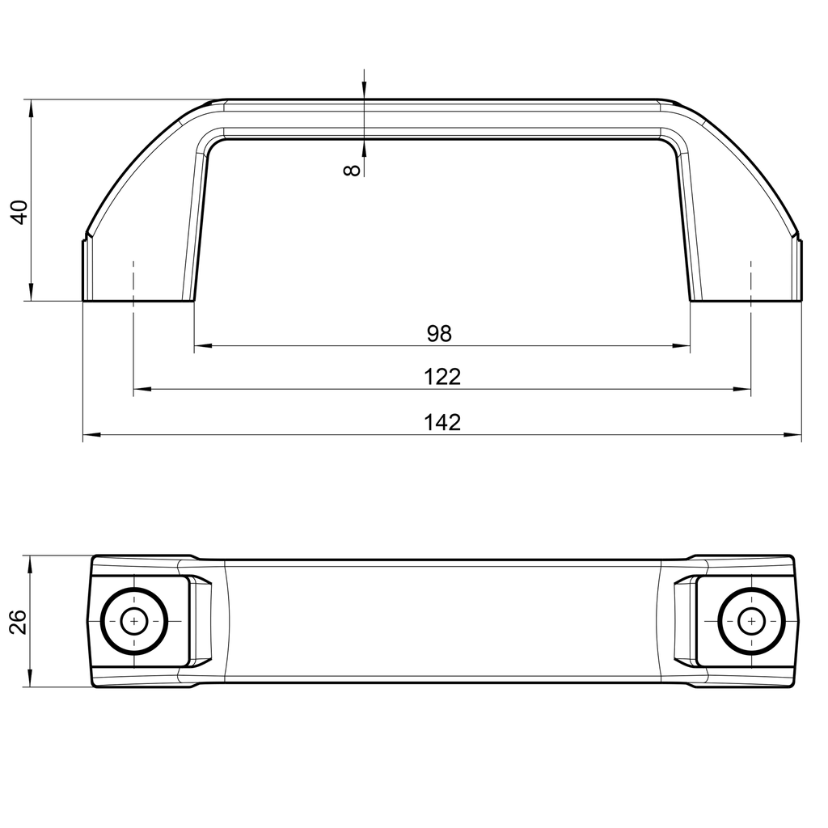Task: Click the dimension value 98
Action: pyautogui.click(x=440, y=332)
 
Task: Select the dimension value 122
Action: pyautogui.click(x=441, y=377)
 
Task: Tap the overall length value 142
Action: pyautogui.click(x=441, y=422)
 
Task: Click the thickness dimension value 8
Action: pyautogui.click(x=351, y=170)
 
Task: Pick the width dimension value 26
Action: pyautogui.click(x=19, y=621)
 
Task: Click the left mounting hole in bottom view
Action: pyautogui.click(x=134, y=621)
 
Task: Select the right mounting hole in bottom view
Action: pyautogui.click(x=752, y=621)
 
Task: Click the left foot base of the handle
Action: pyautogui.click(x=138, y=299)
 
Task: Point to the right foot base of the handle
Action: pyautogui.click(x=746, y=299)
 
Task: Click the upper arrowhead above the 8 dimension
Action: pyautogui.click(x=365, y=91)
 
